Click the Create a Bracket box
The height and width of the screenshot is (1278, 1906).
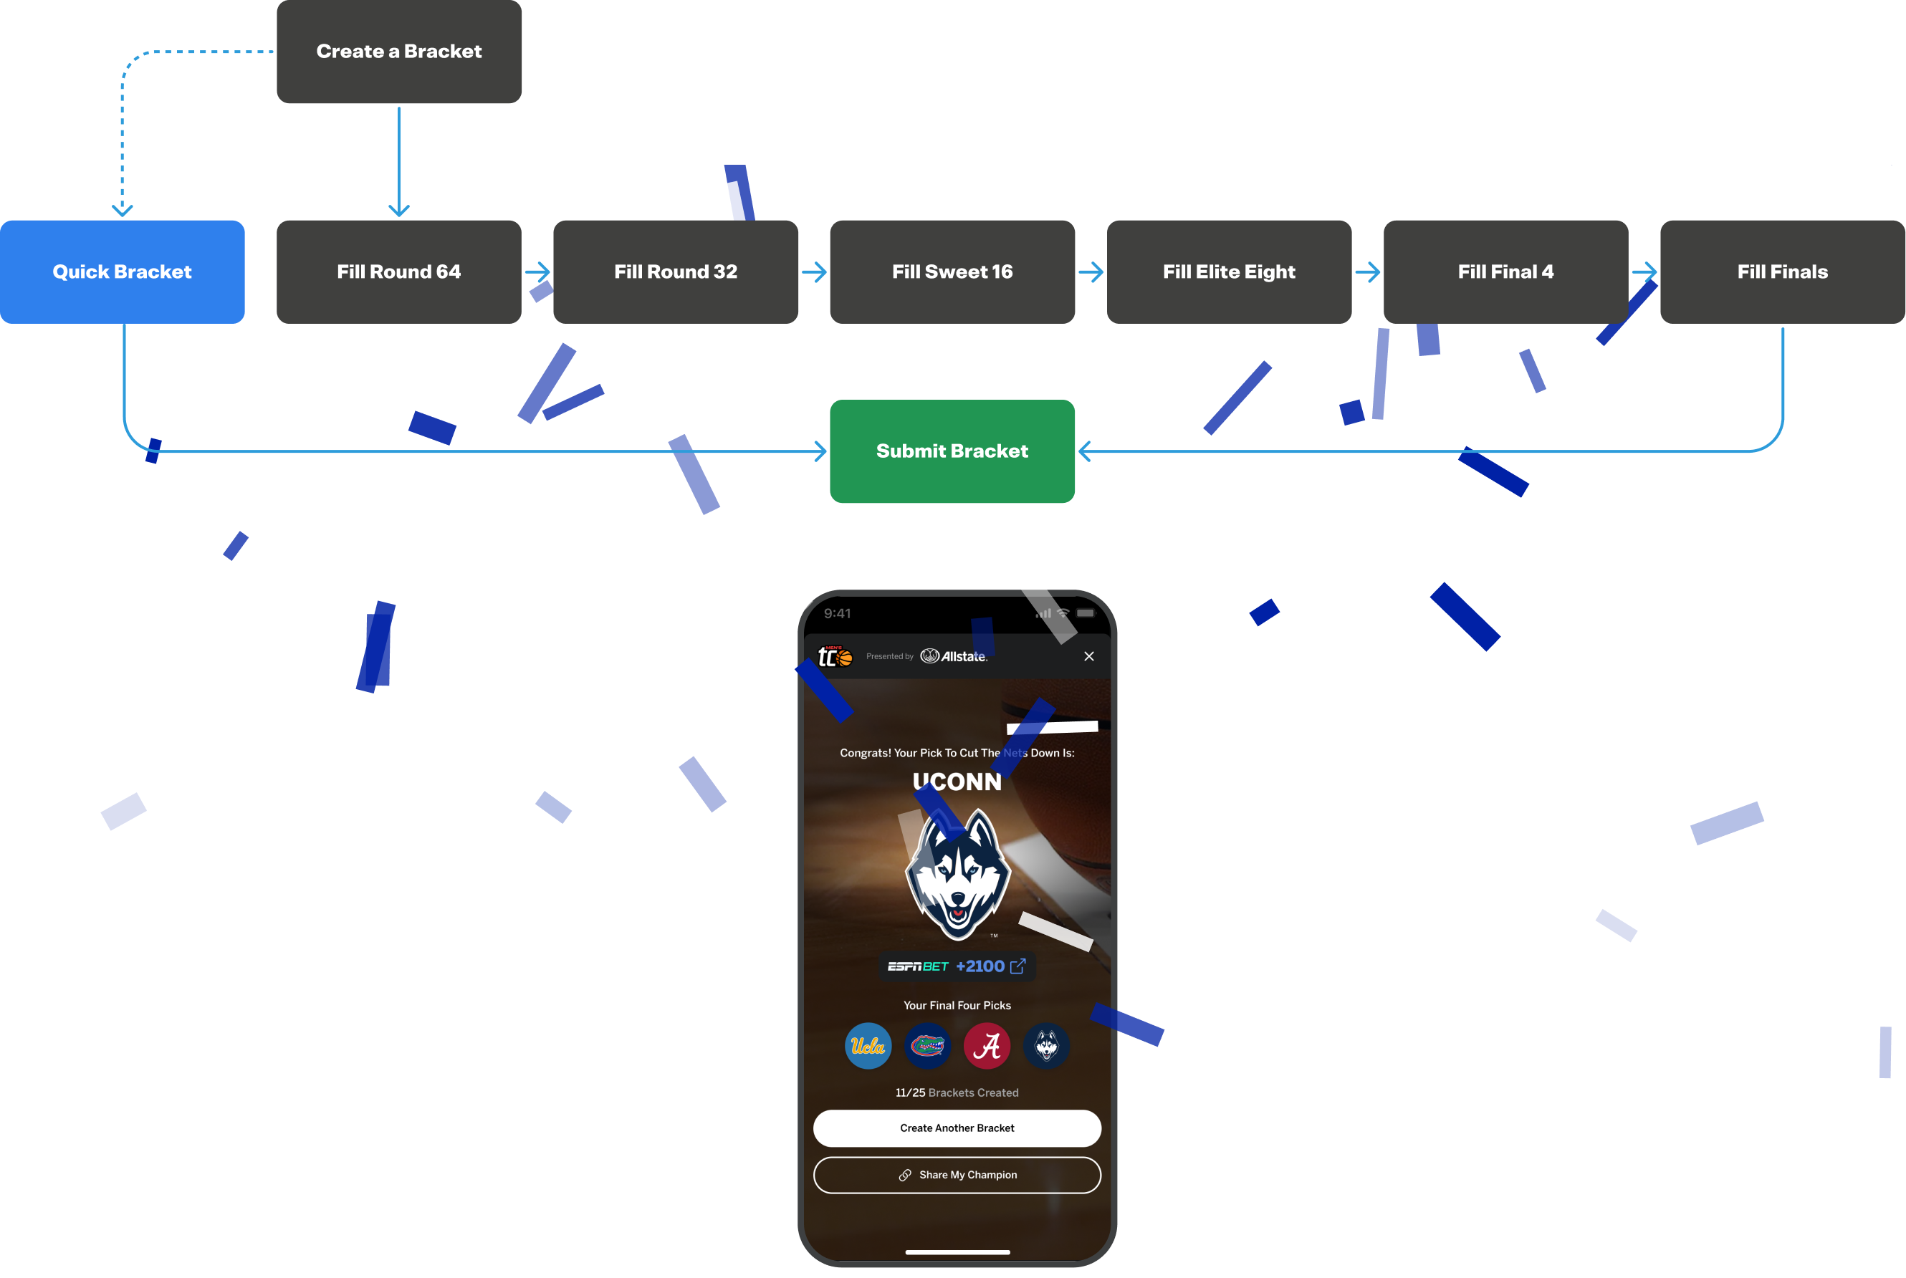[398, 52]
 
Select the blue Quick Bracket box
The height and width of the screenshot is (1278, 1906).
[123, 272]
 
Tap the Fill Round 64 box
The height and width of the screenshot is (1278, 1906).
[398, 272]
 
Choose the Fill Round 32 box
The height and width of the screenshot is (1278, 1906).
[675, 272]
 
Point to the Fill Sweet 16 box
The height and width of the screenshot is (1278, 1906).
[952, 272]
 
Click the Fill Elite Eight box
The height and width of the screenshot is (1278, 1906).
[1229, 272]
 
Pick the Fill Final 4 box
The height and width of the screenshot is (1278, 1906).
[1505, 272]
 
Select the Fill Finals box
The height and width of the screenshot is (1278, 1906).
[1782, 272]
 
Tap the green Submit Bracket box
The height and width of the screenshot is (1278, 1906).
[952, 451]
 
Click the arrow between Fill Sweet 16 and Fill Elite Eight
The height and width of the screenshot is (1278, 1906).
[1091, 272]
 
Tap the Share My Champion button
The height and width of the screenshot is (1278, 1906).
[957, 1175]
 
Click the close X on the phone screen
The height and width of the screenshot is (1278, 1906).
[1088, 656]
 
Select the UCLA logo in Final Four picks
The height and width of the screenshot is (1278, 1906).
[868, 1046]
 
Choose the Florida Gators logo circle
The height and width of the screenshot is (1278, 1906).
[927, 1046]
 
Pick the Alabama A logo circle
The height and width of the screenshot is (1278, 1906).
[987, 1046]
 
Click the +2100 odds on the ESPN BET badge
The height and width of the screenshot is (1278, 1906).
[980, 966]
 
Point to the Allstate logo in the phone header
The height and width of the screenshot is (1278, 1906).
[954, 656]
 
